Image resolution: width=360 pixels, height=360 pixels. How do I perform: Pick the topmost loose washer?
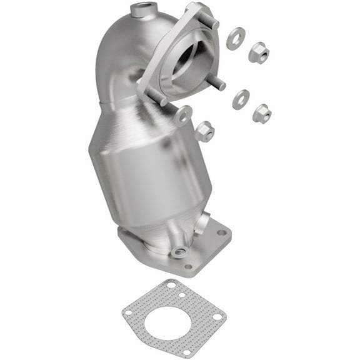click(x=236, y=39)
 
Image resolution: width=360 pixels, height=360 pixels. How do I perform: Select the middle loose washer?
click(x=241, y=99)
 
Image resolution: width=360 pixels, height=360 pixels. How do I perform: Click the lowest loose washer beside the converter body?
click(x=184, y=115)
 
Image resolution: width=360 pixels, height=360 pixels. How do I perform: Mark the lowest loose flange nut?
click(x=204, y=131)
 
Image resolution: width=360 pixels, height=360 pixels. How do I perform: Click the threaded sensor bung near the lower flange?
click(x=180, y=252)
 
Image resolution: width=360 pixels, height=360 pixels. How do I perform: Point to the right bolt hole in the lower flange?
click(x=221, y=232)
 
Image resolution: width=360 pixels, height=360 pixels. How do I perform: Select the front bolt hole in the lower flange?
click(x=189, y=267)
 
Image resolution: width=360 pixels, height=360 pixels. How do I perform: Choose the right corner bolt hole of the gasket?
click(x=216, y=317)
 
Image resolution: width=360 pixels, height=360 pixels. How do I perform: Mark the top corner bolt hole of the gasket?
click(x=171, y=285)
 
